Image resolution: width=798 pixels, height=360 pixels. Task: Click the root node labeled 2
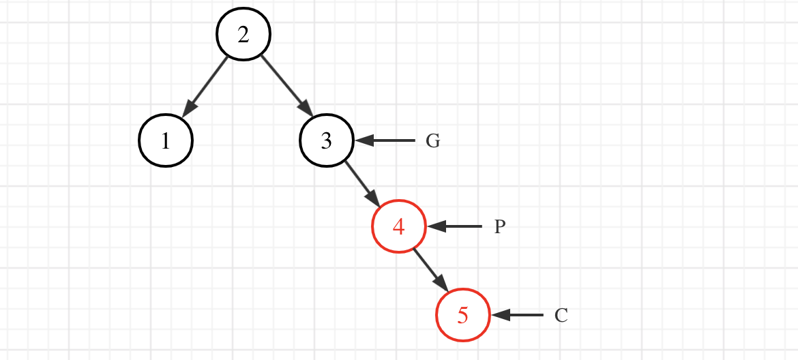pyautogui.click(x=243, y=34)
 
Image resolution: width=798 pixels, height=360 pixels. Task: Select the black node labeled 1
pyautogui.click(x=166, y=141)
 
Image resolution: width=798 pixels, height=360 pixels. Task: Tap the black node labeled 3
pyautogui.click(x=327, y=141)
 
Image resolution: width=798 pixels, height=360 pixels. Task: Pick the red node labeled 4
pyautogui.click(x=399, y=226)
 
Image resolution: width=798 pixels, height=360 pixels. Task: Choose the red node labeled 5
pyautogui.click(x=463, y=315)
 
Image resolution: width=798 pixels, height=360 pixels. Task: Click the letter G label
pyautogui.click(x=433, y=141)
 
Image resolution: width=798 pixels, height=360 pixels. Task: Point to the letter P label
pyautogui.click(x=499, y=227)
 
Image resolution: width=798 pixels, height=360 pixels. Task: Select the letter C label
pyautogui.click(x=561, y=316)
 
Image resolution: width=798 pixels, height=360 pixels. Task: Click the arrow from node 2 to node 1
pyautogui.click(x=207, y=85)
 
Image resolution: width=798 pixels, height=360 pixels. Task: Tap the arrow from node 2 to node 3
pyautogui.click(x=285, y=85)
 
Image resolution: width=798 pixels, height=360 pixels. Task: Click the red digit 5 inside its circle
pyautogui.click(x=463, y=316)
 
